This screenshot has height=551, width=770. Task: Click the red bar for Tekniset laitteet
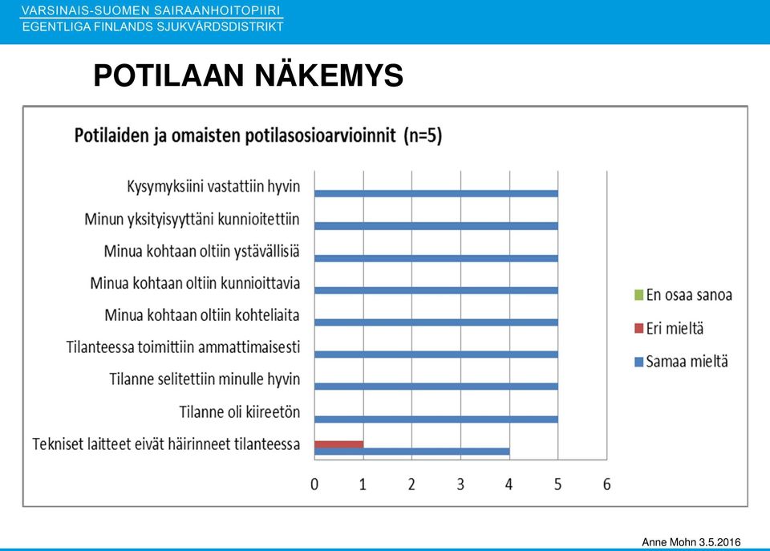tap(338, 444)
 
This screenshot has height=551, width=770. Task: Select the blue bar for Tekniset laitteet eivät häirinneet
tap(412, 452)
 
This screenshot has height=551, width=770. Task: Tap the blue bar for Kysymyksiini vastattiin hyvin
tap(436, 193)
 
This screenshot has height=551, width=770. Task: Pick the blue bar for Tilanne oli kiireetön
tap(436, 419)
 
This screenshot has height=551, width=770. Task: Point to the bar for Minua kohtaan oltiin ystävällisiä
tap(436, 258)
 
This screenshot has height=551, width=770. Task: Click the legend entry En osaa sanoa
tap(683, 294)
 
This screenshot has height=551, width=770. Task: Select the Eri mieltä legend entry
tap(669, 328)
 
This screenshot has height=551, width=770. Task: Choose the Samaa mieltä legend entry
tap(681, 362)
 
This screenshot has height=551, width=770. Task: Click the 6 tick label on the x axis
tap(607, 484)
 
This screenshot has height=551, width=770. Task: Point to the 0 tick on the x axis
tap(314, 484)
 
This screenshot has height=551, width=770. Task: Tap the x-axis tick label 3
tap(460, 484)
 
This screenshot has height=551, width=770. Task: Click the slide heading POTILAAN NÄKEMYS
tap(248, 75)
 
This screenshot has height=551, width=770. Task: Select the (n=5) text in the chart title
tap(423, 135)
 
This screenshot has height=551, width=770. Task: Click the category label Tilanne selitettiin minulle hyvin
tap(205, 379)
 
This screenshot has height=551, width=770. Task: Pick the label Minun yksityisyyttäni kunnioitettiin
tap(192, 219)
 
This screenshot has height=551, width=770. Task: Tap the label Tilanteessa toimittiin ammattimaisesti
tap(183, 347)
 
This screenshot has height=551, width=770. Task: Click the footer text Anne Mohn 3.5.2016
tap(691, 542)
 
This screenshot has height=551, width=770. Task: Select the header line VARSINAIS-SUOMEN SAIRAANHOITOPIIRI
tap(152, 10)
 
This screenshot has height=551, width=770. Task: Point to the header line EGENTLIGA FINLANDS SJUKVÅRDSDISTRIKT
tap(152, 26)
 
